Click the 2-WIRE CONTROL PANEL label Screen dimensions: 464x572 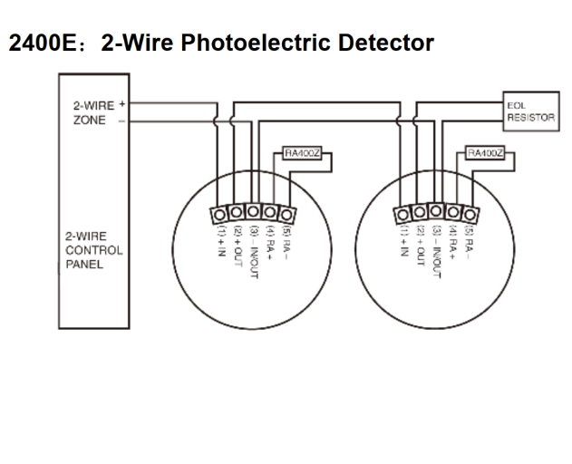93,251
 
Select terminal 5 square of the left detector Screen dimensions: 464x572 287,214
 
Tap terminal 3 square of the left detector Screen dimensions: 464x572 254,214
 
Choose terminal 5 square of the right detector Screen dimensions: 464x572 470,214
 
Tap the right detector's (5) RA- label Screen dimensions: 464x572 469,242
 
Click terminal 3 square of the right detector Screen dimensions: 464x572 437,214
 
